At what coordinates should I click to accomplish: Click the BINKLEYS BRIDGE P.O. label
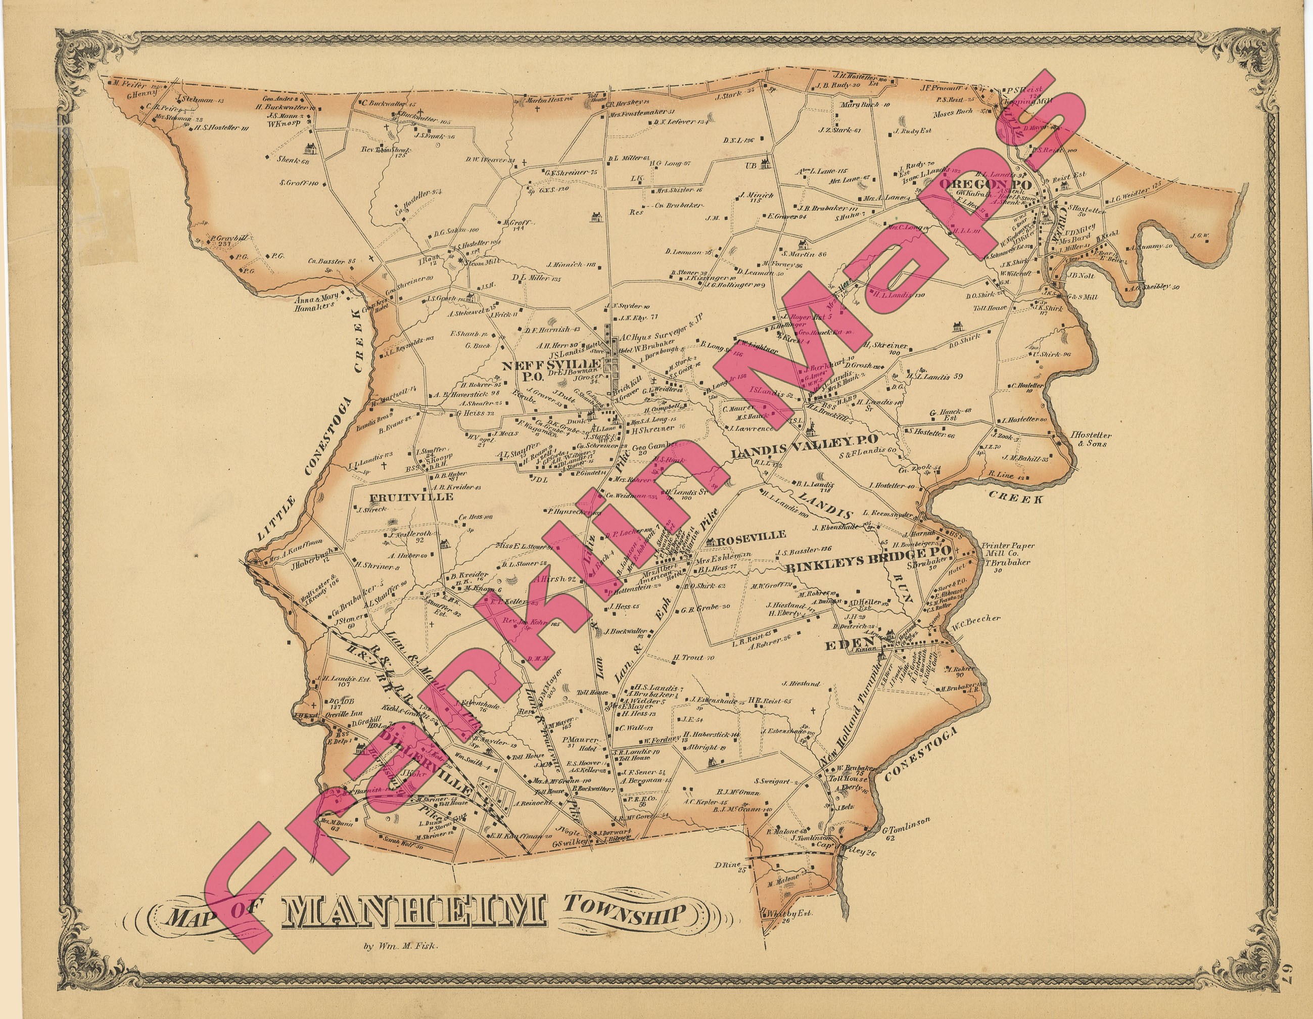(x=868, y=557)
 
